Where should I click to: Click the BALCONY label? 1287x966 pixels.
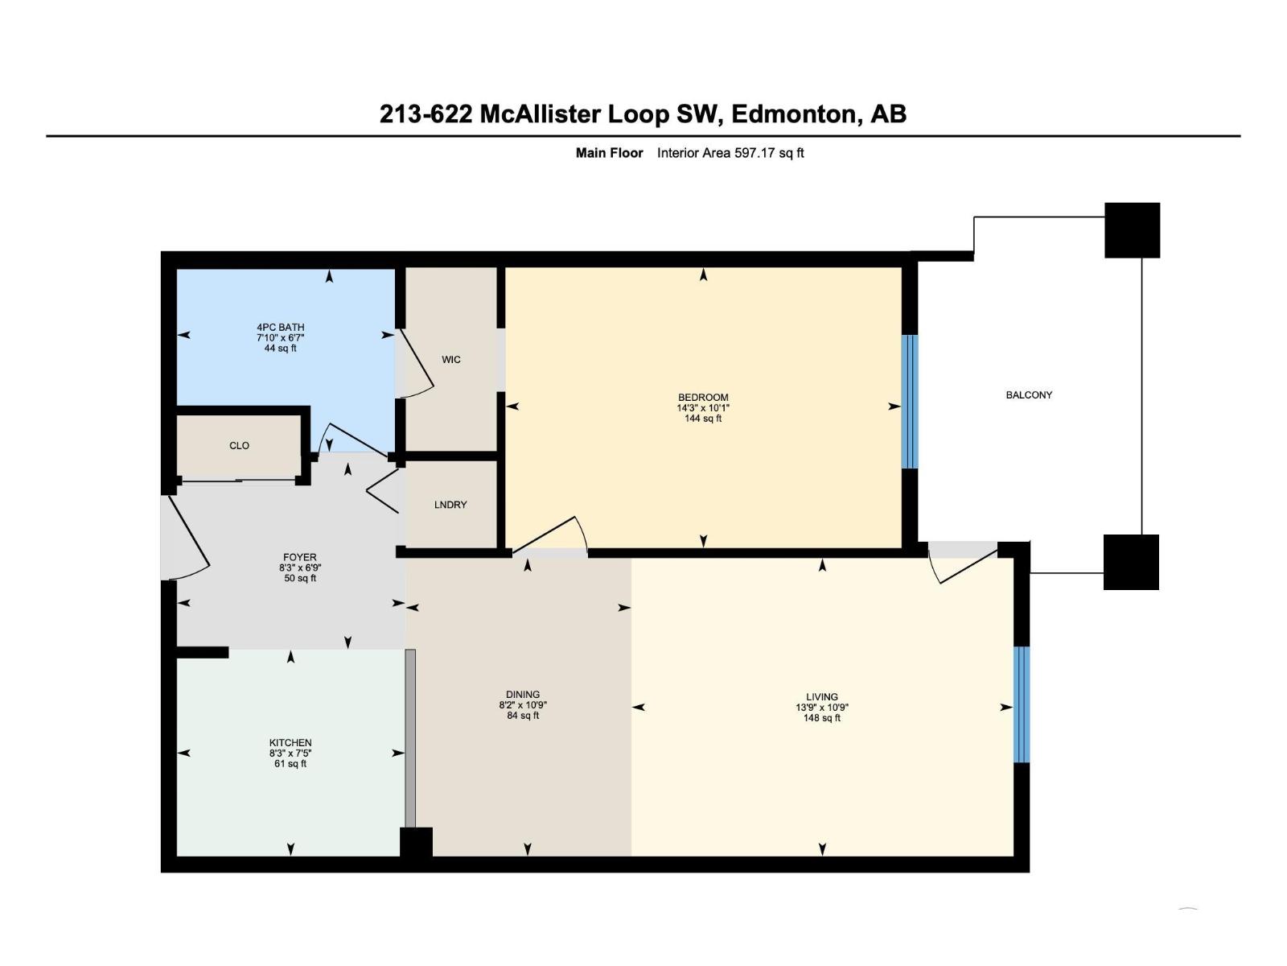pyautogui.click(x=1029, y=395)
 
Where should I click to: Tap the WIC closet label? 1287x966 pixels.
pyautogui.click(x=451, y=360)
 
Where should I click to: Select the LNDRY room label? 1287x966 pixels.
pyautogui.click(x=450, y=505)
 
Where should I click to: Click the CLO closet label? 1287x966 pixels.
pyautogui.click(x=239, y=446)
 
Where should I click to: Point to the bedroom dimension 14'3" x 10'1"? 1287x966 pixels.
pyautogui.click(x=703, y=408)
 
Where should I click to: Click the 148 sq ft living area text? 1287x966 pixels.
pyautogui.click(x=821, y=718)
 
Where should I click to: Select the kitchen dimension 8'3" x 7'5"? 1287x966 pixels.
pyautogui.click(x=290, y=753)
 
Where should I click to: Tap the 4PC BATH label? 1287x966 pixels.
pyautogui.click(x=281, y=328)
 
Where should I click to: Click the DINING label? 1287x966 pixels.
pyautogui.click(x=523, y=695)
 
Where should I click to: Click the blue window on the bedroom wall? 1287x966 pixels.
pyautogui.click(x=910, y=402)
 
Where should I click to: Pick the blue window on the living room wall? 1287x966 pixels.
pyautogui.click(x=1022, y=704)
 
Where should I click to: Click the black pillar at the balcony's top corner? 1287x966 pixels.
pyautogui.click(x=1132, y=230)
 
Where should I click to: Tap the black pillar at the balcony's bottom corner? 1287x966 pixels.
pyautogui.click(x=1131, y=562)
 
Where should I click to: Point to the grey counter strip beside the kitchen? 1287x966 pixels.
pyautogui.click(x=410, y=738)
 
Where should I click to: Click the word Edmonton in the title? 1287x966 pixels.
pyautogui.click(x=793, y=114)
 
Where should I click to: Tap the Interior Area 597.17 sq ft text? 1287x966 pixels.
pyautogui.click(x=730, y=153)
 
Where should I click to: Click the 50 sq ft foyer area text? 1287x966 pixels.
pyautogui.click(x=300, y=578)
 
